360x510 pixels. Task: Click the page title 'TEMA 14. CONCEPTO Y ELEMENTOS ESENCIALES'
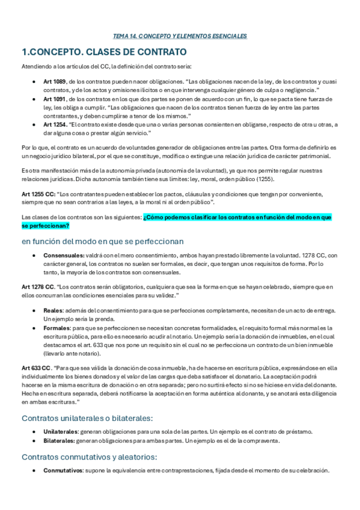coord(180,36)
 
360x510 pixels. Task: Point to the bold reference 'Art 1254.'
coord(56,124)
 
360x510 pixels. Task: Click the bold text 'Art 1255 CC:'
coord(38,194)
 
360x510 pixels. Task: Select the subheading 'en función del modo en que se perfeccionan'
coord(102,241)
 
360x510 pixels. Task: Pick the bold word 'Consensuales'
coord(63,255)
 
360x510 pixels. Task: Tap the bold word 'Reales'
coord(53,310)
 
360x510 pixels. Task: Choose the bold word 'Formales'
coord(56,328)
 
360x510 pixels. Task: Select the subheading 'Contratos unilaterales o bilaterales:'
coord(87,418)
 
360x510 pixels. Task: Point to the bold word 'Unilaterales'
coord(61,432)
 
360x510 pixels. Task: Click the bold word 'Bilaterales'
coord(59,440)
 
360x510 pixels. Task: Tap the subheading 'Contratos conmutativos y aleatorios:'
coord(88,457)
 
